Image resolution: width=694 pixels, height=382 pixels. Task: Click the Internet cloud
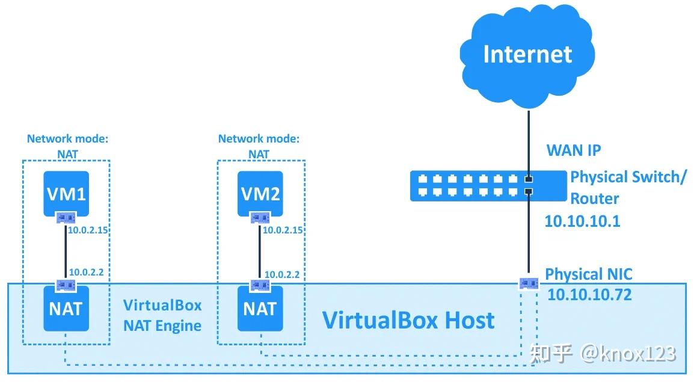coord(527,54)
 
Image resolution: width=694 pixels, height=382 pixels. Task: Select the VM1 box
coord(66,194)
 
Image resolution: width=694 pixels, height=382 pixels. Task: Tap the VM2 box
coord(260,194)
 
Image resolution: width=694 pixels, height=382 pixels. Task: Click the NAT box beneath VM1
coord(66,308)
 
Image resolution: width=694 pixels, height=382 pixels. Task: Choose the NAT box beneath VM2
coord(260,308)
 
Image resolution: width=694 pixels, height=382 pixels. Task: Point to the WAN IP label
coord(573,150)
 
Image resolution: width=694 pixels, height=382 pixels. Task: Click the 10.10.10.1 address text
coord(582,221)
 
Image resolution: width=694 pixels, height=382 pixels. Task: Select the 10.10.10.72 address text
coord(589,295)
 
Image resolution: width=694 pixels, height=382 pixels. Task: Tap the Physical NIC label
coord(588,274)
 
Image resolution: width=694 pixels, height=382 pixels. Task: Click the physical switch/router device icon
coord(488,185)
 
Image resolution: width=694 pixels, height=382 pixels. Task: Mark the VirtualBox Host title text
coord(408,320)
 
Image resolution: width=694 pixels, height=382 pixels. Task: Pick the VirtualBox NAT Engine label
coord(162,315)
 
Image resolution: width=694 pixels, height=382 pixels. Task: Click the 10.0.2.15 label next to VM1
coord(87,230)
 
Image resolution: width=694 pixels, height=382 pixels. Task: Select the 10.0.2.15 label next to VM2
coord(283,230)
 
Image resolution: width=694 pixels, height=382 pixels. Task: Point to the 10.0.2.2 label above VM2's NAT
coord(281,274)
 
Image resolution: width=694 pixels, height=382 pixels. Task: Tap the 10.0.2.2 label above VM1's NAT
coord(87,272)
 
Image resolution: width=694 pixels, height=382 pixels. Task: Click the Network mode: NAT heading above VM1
coord(67,146)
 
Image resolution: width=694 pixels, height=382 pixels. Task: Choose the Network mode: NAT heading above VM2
coord(259,146)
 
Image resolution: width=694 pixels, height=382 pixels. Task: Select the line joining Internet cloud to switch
coord(529,141)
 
